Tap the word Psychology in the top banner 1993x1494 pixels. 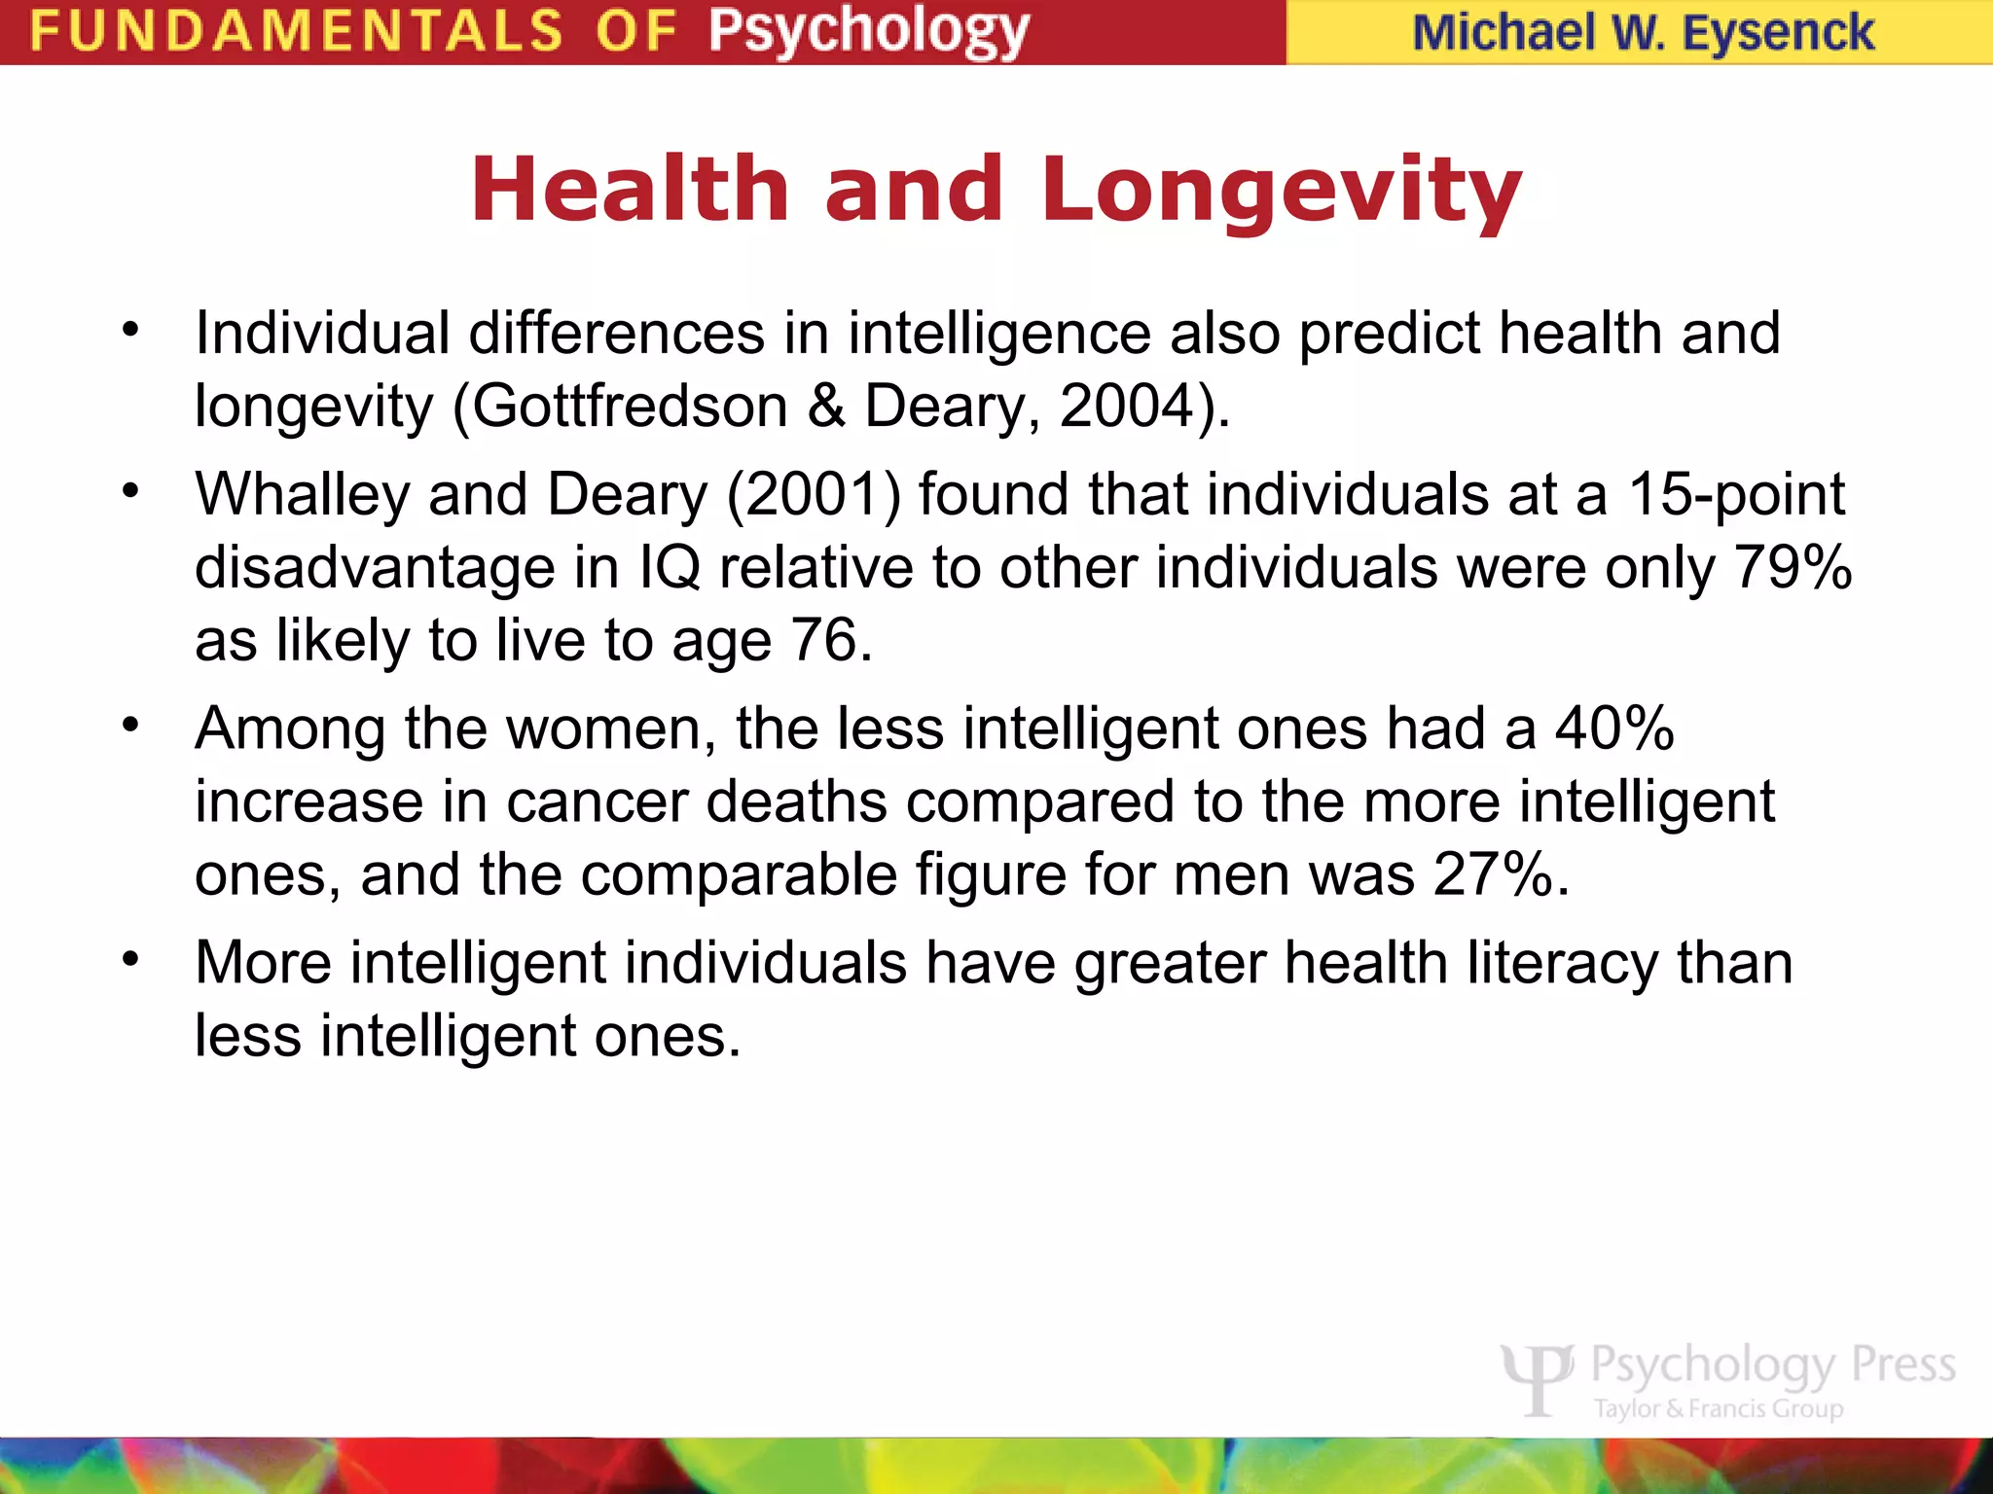pos(868,32)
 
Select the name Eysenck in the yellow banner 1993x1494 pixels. pos(1778,33)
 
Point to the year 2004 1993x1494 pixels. pos(1126,406)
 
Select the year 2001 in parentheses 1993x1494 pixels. pos(814,494)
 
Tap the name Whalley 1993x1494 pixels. pos(303,494)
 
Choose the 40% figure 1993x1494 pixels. pos(1614,729)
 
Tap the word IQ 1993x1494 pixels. pos(670,567)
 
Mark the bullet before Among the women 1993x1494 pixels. pos(131,726)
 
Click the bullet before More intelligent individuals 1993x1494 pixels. pos(131,960)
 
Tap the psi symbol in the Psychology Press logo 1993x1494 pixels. pos(1537,1378)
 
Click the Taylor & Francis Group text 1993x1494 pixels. pos(1719,1408)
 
